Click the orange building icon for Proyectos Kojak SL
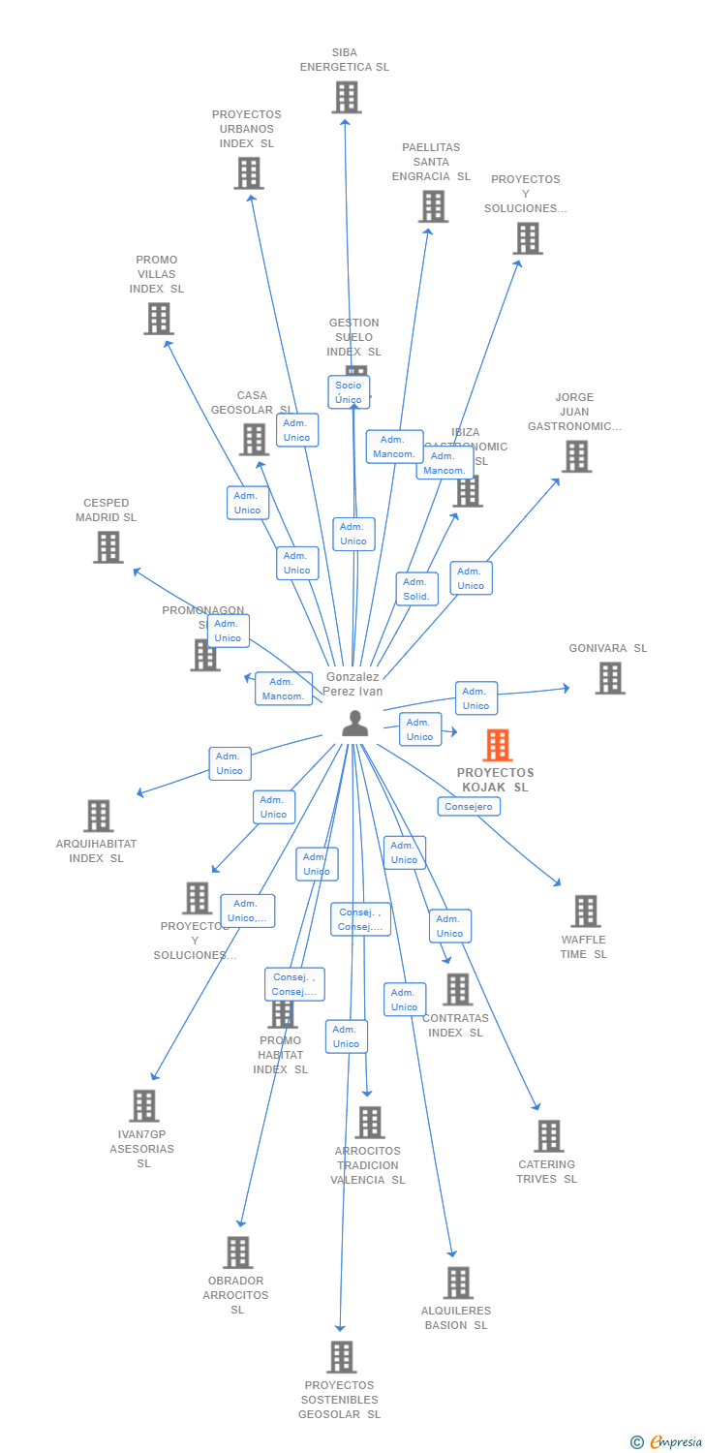(498, 745)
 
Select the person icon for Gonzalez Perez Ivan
(355, 724)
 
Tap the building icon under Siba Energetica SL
(346, 97)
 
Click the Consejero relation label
(469, 806)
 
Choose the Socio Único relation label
(349, 392)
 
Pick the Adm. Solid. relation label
(416, 589)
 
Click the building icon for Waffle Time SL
(585, 912)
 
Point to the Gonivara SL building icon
(609, 678)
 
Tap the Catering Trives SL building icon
(548, 1136)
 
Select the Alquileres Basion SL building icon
(458, 1283)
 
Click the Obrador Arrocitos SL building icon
(237, 1252)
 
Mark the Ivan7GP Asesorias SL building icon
(144, 1105)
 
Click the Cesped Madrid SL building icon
(107, 547)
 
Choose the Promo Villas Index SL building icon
(158, 319)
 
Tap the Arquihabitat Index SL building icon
(98, 816)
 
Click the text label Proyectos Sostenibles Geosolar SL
(340, 1400)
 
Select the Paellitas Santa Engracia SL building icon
(433, 206)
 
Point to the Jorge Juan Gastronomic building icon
(576, 456)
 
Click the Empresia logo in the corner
(666, 1442)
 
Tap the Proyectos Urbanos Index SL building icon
(249, 173)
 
